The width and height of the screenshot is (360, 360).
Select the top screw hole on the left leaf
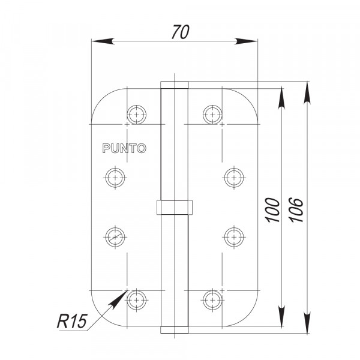(x=137, y=113)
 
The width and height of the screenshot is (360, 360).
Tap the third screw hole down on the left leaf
(x=114, y=236)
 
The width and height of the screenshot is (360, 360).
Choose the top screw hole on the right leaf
(x=211, y=113)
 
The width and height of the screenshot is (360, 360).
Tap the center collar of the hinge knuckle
(x=174, y=207)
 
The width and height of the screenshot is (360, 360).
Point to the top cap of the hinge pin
(x=174, y=83)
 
